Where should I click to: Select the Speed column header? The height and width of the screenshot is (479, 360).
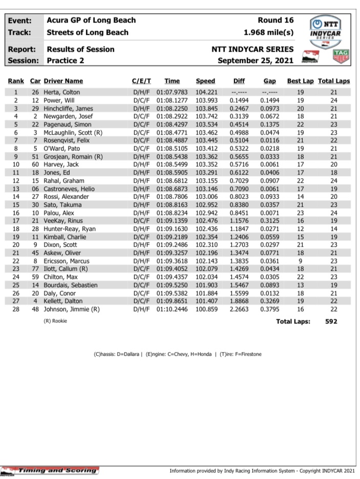pos(205,81)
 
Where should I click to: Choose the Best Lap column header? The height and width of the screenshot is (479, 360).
pos(300,81)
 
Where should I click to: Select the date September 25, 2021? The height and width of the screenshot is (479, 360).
pos(256,60)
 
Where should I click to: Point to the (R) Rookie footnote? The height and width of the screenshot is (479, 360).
pos(55,320)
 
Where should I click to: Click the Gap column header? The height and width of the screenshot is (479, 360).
pos(270,81)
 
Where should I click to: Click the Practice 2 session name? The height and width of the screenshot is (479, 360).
pos(67,60)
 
